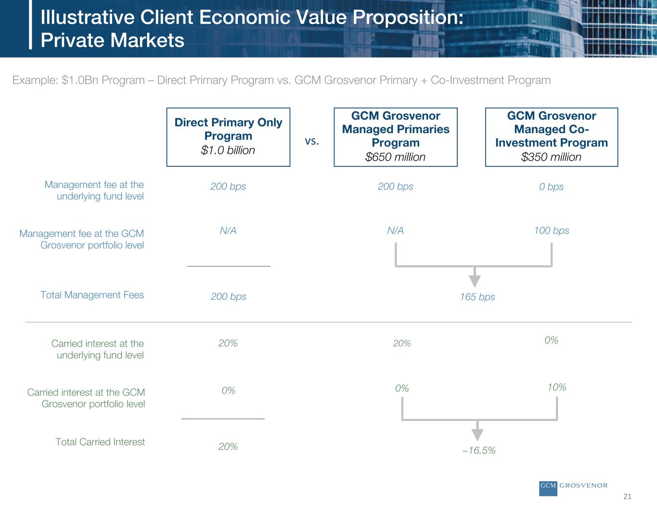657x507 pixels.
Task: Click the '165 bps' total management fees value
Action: point(477,297)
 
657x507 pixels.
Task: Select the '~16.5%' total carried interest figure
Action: point(479,450)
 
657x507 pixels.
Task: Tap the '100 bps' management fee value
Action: point(552,231)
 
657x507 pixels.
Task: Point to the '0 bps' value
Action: point(551,186)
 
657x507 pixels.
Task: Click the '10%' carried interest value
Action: point(556,387)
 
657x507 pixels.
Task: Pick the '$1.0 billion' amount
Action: point(228,150)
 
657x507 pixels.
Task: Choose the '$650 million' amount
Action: point(395,157)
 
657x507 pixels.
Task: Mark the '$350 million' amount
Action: point(551,157)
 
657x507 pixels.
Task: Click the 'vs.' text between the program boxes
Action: point(312,141)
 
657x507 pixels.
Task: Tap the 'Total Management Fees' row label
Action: point(92,295)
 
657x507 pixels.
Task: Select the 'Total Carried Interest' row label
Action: point(100,442)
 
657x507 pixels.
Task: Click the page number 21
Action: point(627,496)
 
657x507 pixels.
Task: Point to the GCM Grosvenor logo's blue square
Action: point(548,489)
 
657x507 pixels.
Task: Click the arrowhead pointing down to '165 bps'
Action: point(475,281)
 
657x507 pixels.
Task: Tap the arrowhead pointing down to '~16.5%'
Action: point(477,435)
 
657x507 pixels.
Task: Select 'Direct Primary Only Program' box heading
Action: point(228,129)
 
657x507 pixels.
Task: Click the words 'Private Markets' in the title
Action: point(113,40)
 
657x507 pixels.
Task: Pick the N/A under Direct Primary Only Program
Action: point(228,231)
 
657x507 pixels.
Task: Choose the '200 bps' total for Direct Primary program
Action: point(228,297)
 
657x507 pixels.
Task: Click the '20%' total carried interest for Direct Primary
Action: point(228,446)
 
